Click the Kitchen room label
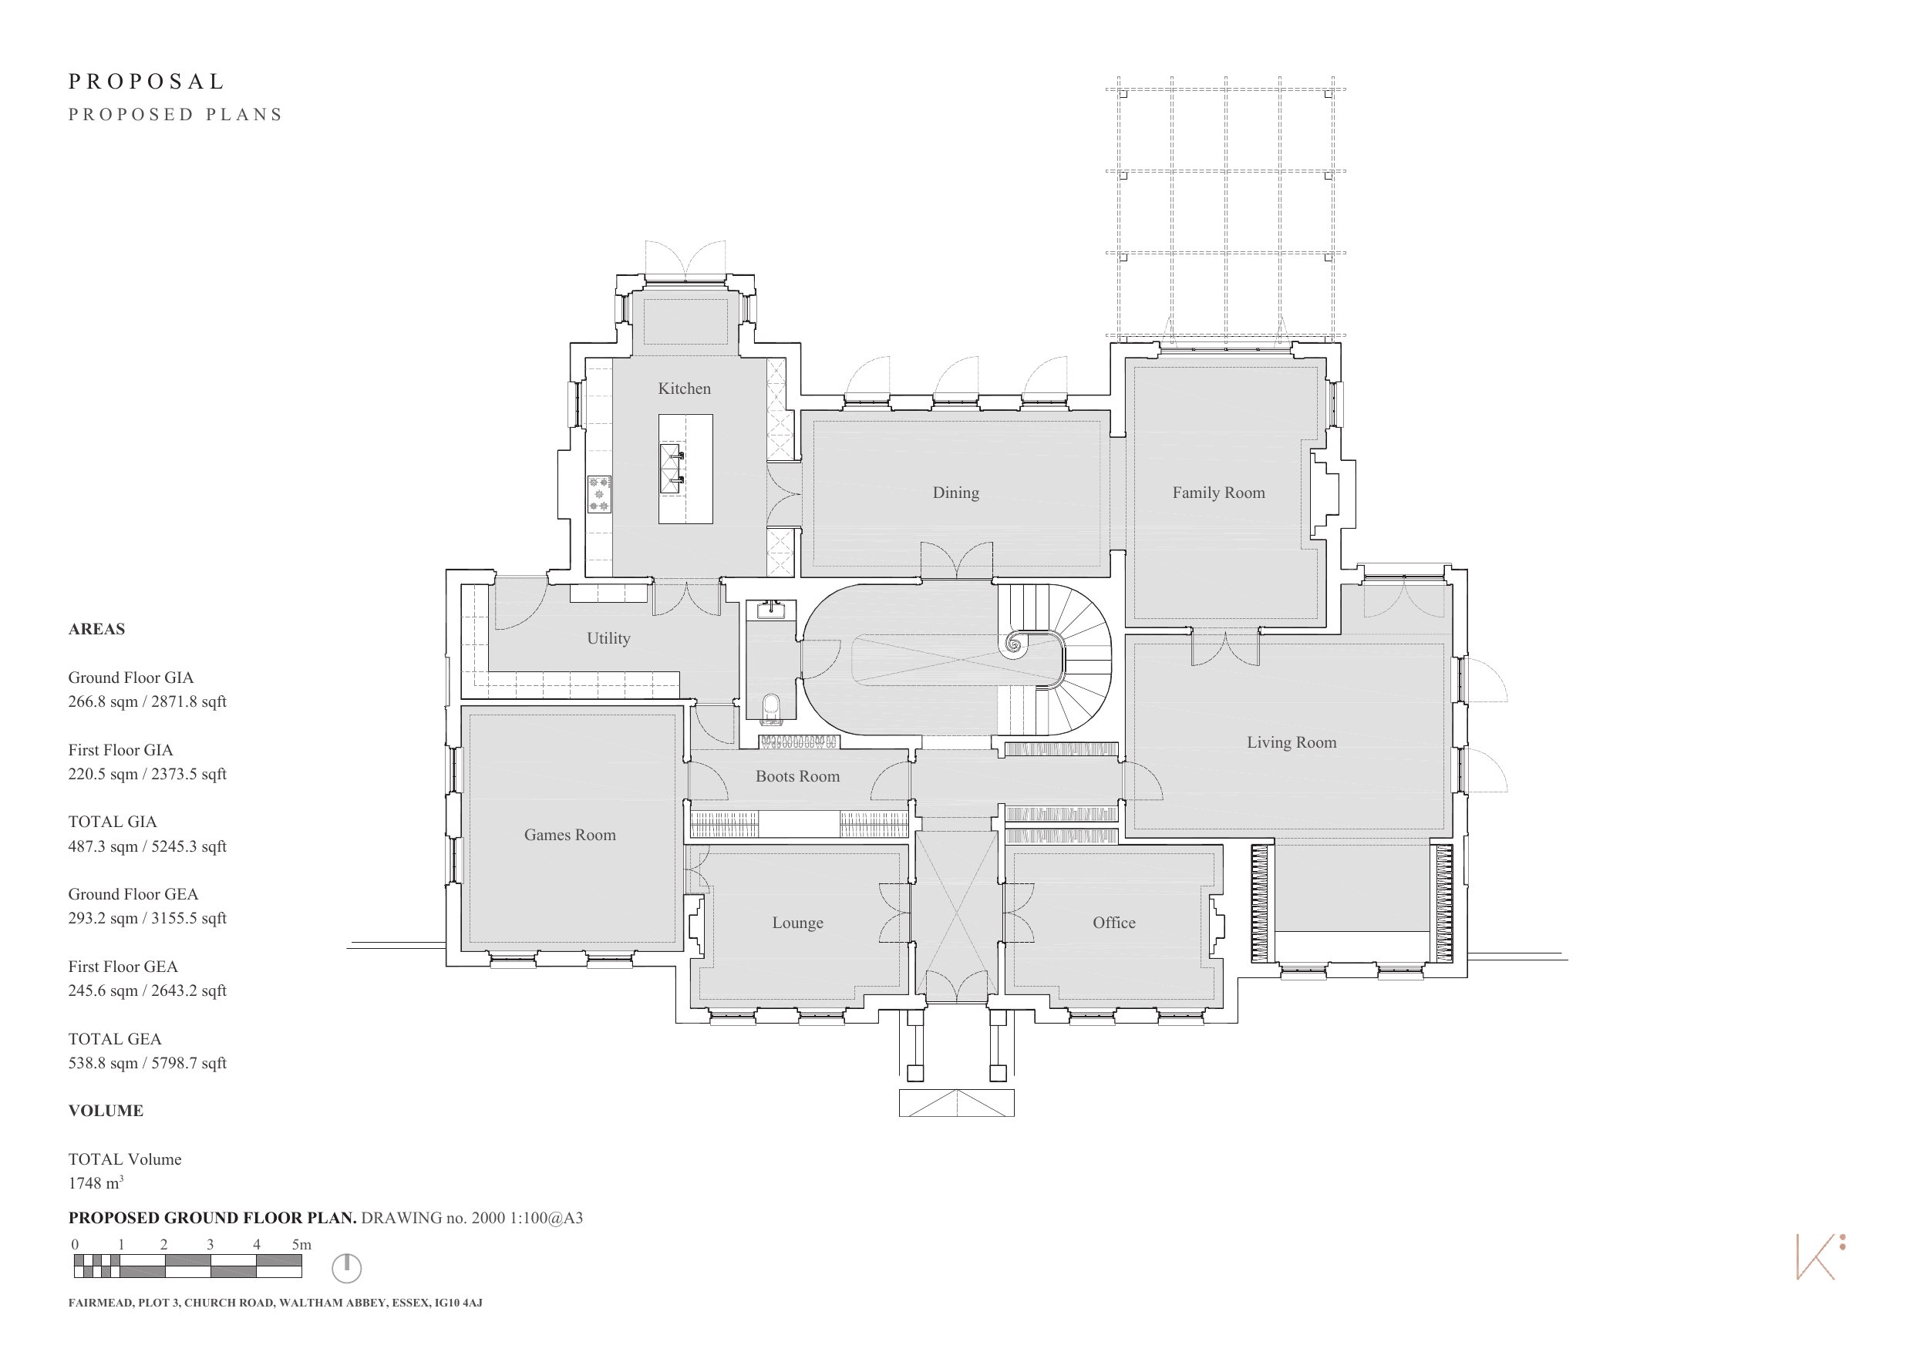(x=684, y=388)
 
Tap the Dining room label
(x=955, y=493)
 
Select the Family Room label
(x=1218, y=493)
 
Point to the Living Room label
(x=1292, y=742)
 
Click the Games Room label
(x=570, y=835)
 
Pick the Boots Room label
(x=797, y=776)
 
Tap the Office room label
(x=1114, y=922)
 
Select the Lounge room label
(x=797, y=923)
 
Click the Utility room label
(x=608, y=638)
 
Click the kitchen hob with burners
(x=599, y=494)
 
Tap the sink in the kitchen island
(x=672, y=469)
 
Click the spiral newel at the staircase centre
(x=1015, y=643)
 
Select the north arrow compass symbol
(x=347, y=1269)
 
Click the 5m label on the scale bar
(x=301, y=1245)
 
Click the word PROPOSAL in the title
(x=147, y=82)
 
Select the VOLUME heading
(x=106, y=1111)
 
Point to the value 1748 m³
(x=96, y=1183)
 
